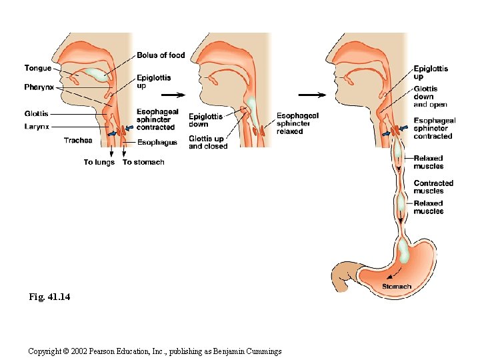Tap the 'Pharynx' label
(x=39, y=87)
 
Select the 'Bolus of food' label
(x=161, y=55)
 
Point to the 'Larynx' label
(x=37, y=126)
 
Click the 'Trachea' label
(x=78, y=140)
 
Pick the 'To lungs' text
(x=99, y=162)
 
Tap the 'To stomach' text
(x=143, y=162)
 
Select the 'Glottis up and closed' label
(x=207, y=142)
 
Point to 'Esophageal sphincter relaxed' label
(x=297, y=123)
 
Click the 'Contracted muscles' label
(x=433, y=187)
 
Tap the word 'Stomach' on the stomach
(x=396, y=287)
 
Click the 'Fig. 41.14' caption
(x=49, y=296)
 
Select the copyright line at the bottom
(x=155, y=351)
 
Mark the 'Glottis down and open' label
(x=430, y=97)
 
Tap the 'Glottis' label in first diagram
(x=36, y=113)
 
